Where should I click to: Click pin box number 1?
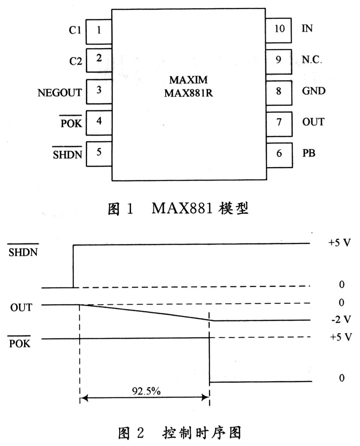point(99,32)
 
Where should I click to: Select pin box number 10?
point(279,31)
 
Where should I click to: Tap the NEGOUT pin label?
point(60,93)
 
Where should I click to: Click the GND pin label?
point(314,91)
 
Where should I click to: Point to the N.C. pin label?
point(312,60)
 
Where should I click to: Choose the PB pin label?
point(309,153)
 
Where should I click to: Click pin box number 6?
point(279,155)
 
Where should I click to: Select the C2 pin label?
point(75,61)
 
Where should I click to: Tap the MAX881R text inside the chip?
point(188,93)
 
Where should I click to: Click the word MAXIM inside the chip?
point(188,80)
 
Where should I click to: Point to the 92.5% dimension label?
point(146,391)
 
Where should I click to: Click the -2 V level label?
point(341,320)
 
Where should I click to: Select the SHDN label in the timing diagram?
point(23,252)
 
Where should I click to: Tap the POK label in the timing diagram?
point(19,344)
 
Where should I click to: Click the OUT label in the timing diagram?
point(21,308)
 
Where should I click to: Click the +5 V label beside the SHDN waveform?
point(339,242)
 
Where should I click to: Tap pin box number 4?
point(99,123)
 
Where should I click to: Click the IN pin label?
point(307,28)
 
